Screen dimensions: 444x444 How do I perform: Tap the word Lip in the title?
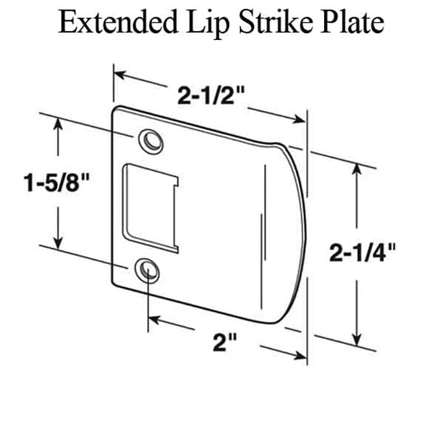click(209, 24)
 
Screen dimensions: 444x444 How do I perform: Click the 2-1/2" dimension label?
click(211, 96)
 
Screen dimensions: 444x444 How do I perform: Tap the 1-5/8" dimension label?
click(56, 184)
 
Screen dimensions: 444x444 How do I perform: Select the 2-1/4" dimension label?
click(363, 253)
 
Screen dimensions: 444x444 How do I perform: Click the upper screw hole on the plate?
click(150, 141)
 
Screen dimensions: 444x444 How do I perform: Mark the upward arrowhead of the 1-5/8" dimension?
click(59, 125)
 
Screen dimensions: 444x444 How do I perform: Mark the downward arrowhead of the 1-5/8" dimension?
click(59, 242)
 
